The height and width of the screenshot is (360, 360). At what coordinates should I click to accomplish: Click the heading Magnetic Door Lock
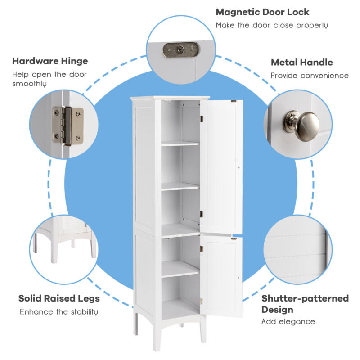262,12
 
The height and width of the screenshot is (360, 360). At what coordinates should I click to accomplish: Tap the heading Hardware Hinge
50,61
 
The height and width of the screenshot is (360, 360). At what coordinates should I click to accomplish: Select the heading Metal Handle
301,63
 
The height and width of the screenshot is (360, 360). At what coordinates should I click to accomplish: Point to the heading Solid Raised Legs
59,298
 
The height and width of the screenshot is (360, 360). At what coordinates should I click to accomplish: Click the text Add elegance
288,321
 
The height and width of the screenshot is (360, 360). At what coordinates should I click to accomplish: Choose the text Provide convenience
309,76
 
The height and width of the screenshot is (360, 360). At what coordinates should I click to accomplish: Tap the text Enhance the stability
59,312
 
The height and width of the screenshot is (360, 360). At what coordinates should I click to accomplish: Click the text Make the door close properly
271,25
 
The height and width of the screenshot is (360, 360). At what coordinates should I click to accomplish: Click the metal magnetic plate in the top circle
180,49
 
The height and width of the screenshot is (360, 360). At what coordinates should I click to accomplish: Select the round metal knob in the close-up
302,126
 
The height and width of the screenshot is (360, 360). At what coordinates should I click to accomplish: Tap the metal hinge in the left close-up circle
68,126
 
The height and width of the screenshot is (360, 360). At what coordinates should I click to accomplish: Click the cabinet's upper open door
221,166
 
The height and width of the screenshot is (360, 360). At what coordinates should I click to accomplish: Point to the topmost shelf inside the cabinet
180,144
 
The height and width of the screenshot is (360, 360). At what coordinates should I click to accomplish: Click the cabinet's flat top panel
170,98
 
